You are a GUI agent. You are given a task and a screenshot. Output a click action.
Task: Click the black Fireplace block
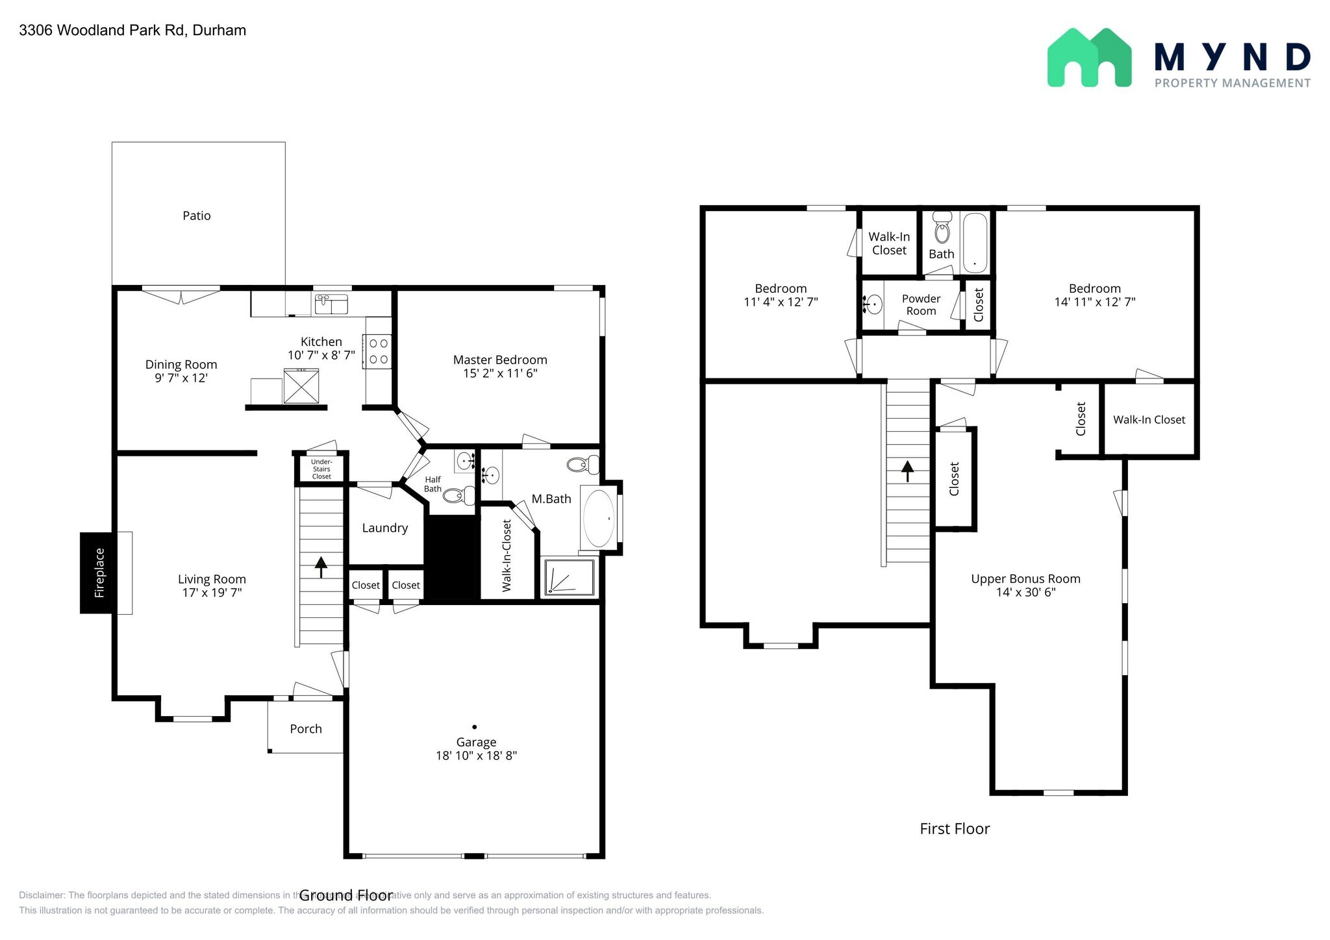(x=98, y=573)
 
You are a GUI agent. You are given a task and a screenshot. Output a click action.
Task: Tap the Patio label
(x=196, y=216)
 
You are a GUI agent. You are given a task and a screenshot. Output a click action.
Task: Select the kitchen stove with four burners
(x=379, y=351)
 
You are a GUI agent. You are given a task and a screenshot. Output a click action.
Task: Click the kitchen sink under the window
(x=331, y=304)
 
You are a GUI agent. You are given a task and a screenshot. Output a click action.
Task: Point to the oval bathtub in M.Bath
(x=599, y=519)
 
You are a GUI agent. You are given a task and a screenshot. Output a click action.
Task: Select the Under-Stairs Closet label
(x=321, y=469)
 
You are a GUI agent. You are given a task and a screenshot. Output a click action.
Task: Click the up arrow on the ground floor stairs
(x=321, y=566)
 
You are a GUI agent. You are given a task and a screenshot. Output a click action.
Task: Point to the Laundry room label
(x=384, y=528)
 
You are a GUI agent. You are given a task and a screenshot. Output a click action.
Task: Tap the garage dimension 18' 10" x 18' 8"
(x=476, y=756)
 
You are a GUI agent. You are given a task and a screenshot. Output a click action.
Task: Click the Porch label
(x=306, y=729)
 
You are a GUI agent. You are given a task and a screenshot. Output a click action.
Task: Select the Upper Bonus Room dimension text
(x=1025, y=592)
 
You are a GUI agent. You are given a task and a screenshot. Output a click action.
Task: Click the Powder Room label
(x=921, y=304)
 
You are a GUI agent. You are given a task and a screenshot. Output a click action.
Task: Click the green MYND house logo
(x=1089, y=58)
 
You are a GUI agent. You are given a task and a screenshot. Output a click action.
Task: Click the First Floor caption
(x=954, y=828)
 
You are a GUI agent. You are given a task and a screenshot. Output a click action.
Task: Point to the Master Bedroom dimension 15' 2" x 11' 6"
(x=500, y=373)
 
